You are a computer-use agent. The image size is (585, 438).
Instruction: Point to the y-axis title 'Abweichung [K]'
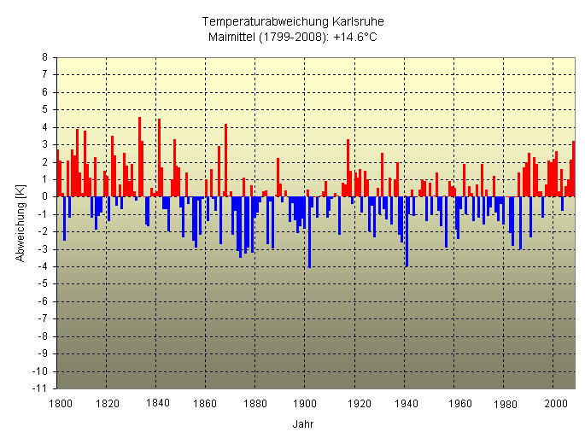click(21, 223)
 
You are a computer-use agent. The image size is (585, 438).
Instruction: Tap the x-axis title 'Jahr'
click(302, 423)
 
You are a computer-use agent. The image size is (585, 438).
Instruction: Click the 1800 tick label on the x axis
click(58, 402)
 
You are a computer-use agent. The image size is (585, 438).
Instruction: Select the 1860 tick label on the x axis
click(206, 402)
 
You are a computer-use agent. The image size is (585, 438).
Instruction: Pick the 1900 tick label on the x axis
click(305, 402)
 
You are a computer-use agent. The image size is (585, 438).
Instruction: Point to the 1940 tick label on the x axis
click(404, 402)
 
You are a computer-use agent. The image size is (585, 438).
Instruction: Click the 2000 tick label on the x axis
click(553, 402)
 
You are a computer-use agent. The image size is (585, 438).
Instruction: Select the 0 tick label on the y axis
click(45, 196)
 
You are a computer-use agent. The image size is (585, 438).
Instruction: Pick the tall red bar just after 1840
click(159, 157)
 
